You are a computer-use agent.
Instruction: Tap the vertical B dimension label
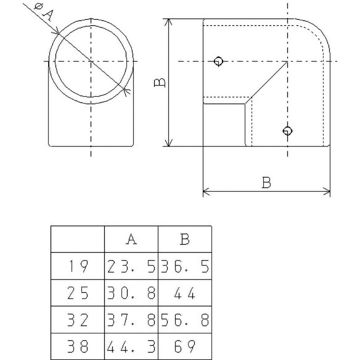click(159, 83)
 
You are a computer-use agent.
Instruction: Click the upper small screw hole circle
click(219, 61)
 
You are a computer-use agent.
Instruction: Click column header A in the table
click(131, 239)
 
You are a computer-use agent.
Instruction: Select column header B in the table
click(184, 239)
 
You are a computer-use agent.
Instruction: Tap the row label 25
click(77, 293)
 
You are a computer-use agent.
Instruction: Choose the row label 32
click(77, 320)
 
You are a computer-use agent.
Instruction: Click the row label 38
click(77, 346)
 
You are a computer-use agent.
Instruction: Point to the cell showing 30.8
click(131, 293)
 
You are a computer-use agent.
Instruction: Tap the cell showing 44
click(184, 293)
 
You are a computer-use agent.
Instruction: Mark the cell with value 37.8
click(131, 320)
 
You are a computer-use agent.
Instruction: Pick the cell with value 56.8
click(184, 320)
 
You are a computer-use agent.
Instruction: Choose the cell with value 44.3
click(131, 346)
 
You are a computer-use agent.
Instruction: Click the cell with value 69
click(184, 346)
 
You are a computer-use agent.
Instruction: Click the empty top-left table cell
click(77, 239)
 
